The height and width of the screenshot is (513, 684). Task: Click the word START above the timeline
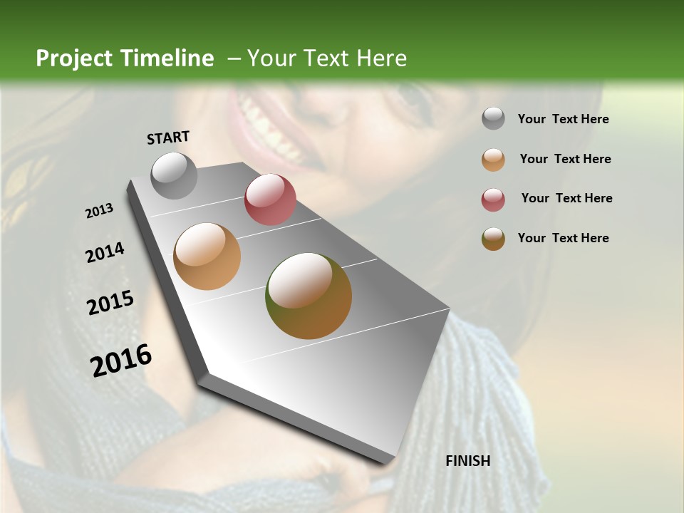pos(168,138)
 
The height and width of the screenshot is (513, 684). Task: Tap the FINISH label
pos(467,461)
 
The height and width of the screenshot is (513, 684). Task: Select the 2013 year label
pos(99,211)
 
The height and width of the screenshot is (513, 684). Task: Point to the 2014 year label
pos(105,252)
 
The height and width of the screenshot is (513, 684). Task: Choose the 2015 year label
pos(110,303)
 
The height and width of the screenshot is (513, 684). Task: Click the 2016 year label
pos(121,361)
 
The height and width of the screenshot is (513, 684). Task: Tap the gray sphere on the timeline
pos(175,175)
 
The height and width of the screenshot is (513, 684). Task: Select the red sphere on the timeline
pos(270,199)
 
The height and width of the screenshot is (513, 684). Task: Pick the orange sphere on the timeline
pos(207,256)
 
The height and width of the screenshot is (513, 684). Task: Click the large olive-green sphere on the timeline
pos(309,296)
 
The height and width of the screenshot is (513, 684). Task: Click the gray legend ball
pos(493,119)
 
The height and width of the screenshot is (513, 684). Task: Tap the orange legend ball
pos(493,160)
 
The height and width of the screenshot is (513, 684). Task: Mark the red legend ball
pos(493,199)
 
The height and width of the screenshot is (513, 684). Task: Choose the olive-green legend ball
pos(493,239)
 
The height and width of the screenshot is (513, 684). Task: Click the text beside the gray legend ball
pos(563,119)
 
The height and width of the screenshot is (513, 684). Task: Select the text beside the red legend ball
pos(566,198)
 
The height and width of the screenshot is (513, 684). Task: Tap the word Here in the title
pos(381,58)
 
